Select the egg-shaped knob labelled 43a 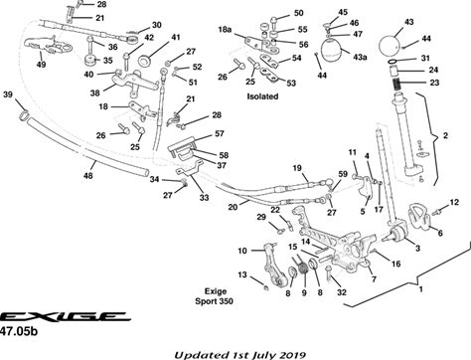pos(333,51)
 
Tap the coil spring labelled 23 pos(396,85)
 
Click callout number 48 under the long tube pos(88,175)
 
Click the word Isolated pos(262,96)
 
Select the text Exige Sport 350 pos(215,296)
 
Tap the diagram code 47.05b pos(19,331)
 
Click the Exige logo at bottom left pos(64,316)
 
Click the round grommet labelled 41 pos(144,61)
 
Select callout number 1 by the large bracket pos(421,289)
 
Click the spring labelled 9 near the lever pos(302,267)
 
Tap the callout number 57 pos(220,133)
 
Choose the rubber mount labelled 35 pos(89,62)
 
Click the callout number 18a pos(225,30)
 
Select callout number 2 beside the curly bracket pos(445,135)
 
